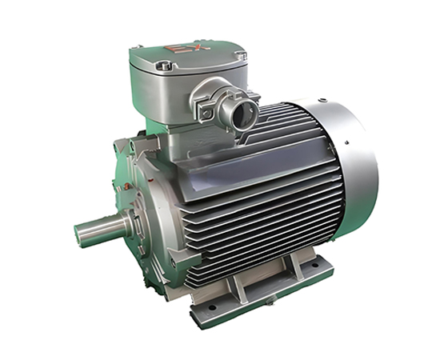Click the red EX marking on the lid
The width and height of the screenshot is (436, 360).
pos(187,47)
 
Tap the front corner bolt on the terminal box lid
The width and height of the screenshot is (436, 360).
pos(163,66)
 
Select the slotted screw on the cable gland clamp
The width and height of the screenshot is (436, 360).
pos(206,113)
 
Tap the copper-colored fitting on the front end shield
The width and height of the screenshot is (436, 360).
pos(128,185)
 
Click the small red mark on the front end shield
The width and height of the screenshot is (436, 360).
pos(150,180)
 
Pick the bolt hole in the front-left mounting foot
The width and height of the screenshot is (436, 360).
pos(212,307)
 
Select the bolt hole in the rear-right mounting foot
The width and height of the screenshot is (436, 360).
pos(314,266)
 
